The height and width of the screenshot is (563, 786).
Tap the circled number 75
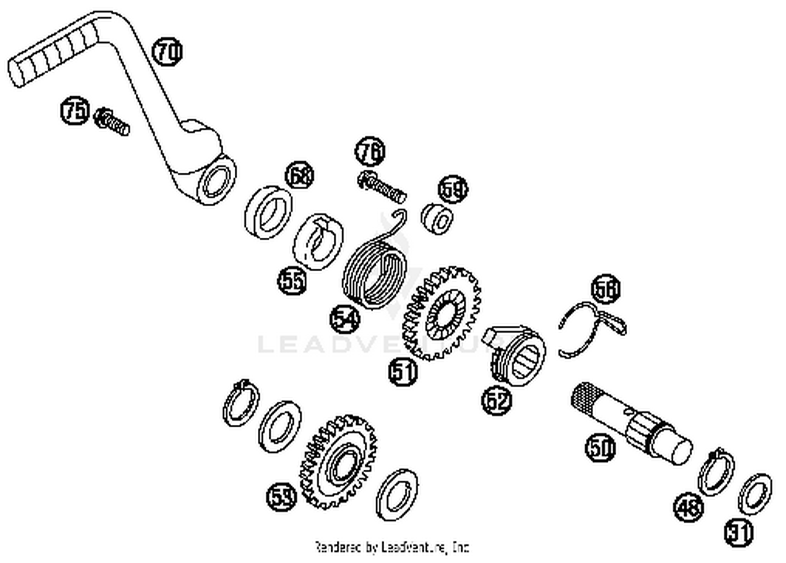[x=75, y=112]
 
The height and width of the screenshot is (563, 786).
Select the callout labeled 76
[x=370, y=152]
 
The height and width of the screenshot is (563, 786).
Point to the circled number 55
[x=292, y=281]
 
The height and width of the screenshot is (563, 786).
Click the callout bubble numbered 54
[x=345, y=318]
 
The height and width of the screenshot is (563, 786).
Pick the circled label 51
[x=403, y=372]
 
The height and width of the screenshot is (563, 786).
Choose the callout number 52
[x=496, y=401]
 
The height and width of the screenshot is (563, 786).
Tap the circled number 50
[x=600, y=448]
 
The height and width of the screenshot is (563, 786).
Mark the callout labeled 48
[x=688, y=507]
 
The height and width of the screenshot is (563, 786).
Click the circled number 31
[x=739, y=533]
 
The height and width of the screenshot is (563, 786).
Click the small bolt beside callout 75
[x=111, y=121]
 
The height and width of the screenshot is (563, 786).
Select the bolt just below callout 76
[x=383, y=186]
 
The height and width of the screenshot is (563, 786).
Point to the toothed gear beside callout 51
[x=441, y=314]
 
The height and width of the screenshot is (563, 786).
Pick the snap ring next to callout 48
[x=716, y=471]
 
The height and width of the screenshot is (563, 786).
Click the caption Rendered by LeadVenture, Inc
[x=391, y=547]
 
